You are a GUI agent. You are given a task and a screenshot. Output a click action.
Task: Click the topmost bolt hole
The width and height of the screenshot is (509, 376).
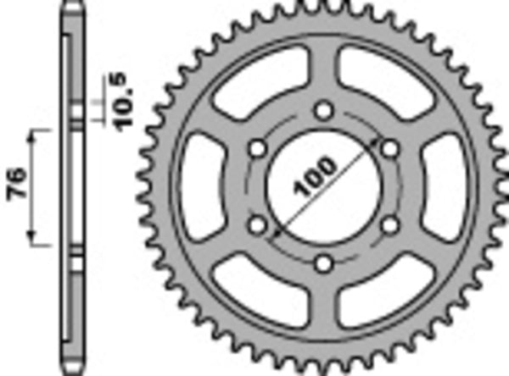click(323, 111)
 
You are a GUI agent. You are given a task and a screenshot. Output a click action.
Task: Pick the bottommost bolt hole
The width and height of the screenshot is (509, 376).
click(323, 263)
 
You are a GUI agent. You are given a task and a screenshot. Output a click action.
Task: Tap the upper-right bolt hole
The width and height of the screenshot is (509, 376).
click(389, 149)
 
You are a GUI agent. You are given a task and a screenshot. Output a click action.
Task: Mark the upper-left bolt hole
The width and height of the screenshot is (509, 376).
click(257, 149)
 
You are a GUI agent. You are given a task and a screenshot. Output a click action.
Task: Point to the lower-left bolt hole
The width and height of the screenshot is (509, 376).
click(257, 224)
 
